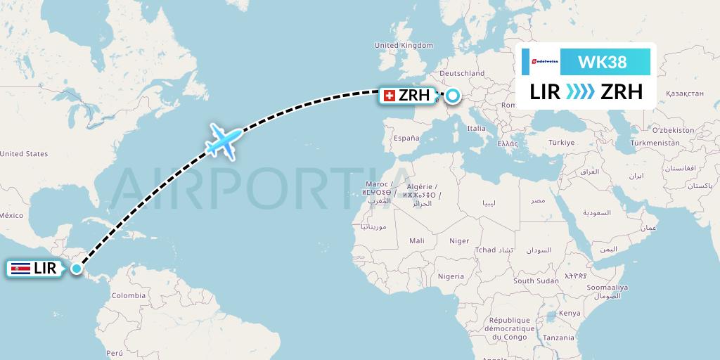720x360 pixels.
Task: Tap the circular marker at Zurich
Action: pyautogui.click(x=452, y=96)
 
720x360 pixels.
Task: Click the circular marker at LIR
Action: pyautogui.click(x=77, y=268)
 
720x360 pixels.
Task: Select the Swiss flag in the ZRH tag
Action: pyautogui.click(x=390, y=96)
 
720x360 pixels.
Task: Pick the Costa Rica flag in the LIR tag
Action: pyautogui.click(x=22, y=268)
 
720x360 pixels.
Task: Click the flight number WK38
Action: pyautogui.click(x=602, y=62)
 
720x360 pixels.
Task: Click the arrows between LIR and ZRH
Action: pyautogui.click(x=578, y=92)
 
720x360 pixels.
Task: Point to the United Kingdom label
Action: pyautogui.click(x=404, y=45)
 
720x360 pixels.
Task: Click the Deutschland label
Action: pyautogui.click(x=462, y=73)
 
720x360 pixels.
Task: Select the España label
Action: pyautogui.click(x=406, y=139)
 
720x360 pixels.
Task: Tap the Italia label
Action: pyautogui.click(x=477, y=129)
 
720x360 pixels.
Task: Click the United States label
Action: pyautogui.click(x=24, y=153)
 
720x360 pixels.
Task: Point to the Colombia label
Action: pyautogui.click(x=128, y=295)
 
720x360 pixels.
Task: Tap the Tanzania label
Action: pyautogui.click(x=558, y=337)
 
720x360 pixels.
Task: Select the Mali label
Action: pyautogui.click(x=416, y=240)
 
